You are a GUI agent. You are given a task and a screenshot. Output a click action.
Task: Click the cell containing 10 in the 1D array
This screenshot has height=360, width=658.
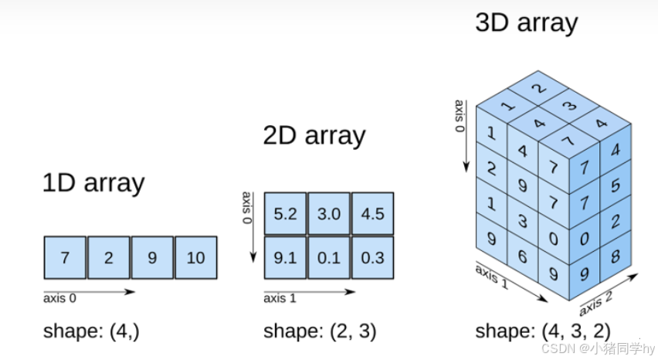tap(196, 257)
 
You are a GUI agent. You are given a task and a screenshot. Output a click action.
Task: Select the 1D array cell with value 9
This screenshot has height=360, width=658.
tap(152, 257)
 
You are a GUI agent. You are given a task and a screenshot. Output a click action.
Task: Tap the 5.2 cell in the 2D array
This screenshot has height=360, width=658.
tap(285, 213)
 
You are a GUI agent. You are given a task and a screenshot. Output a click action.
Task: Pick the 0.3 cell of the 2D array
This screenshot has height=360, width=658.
tap(373, 257)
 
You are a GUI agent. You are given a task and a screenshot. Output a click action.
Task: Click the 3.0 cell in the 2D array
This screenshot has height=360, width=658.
tap(329, 213)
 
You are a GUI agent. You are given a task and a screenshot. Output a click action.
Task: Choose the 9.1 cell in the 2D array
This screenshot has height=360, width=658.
tap(285, 257)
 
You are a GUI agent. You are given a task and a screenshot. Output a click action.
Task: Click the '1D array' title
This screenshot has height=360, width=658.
tap(93, 183)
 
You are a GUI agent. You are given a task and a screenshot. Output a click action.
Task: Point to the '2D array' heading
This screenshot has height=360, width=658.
tap(314, 136)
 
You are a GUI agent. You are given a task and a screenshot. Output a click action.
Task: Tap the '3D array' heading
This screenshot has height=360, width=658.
tap(527, 22)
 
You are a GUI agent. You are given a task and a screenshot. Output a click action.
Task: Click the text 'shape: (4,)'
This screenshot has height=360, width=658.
tap(91, 331)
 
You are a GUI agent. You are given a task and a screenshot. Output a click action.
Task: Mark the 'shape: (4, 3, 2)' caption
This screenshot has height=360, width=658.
tap(543, 331)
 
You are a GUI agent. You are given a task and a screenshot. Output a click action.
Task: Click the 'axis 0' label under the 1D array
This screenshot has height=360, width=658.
tap(59, 298)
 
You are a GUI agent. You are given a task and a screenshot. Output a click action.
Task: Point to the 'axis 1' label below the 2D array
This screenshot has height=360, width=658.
tap(280, 298)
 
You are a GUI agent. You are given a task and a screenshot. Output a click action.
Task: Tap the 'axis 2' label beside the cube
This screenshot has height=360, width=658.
tap(596, 304)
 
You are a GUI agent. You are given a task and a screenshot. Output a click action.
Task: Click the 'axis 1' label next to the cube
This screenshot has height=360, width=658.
tap(492, 277)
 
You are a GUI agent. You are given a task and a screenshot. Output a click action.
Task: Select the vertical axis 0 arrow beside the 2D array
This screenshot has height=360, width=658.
tap(253, 227)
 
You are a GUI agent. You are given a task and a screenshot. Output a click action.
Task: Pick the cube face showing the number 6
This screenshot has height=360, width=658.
tap(522, 256)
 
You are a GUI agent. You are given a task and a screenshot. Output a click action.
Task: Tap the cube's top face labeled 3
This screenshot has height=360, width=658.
tap(568, 106)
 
